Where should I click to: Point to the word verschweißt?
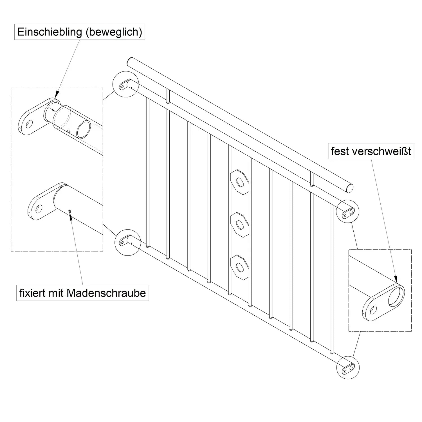click(x=383, y=151)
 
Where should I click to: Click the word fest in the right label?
click(x=340, y=151)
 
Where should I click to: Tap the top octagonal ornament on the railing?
click(x=239, y=182)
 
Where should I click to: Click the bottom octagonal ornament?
click(x=239, y=267)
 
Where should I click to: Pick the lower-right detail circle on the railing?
click(x=348, y=367)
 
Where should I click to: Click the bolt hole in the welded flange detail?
click(x=373, y=310)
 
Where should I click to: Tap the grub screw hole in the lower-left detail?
click(x=69, y=211)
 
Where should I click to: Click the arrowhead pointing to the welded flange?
click(x=396, y=280)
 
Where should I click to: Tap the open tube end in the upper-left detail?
click(x=84, y=129)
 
